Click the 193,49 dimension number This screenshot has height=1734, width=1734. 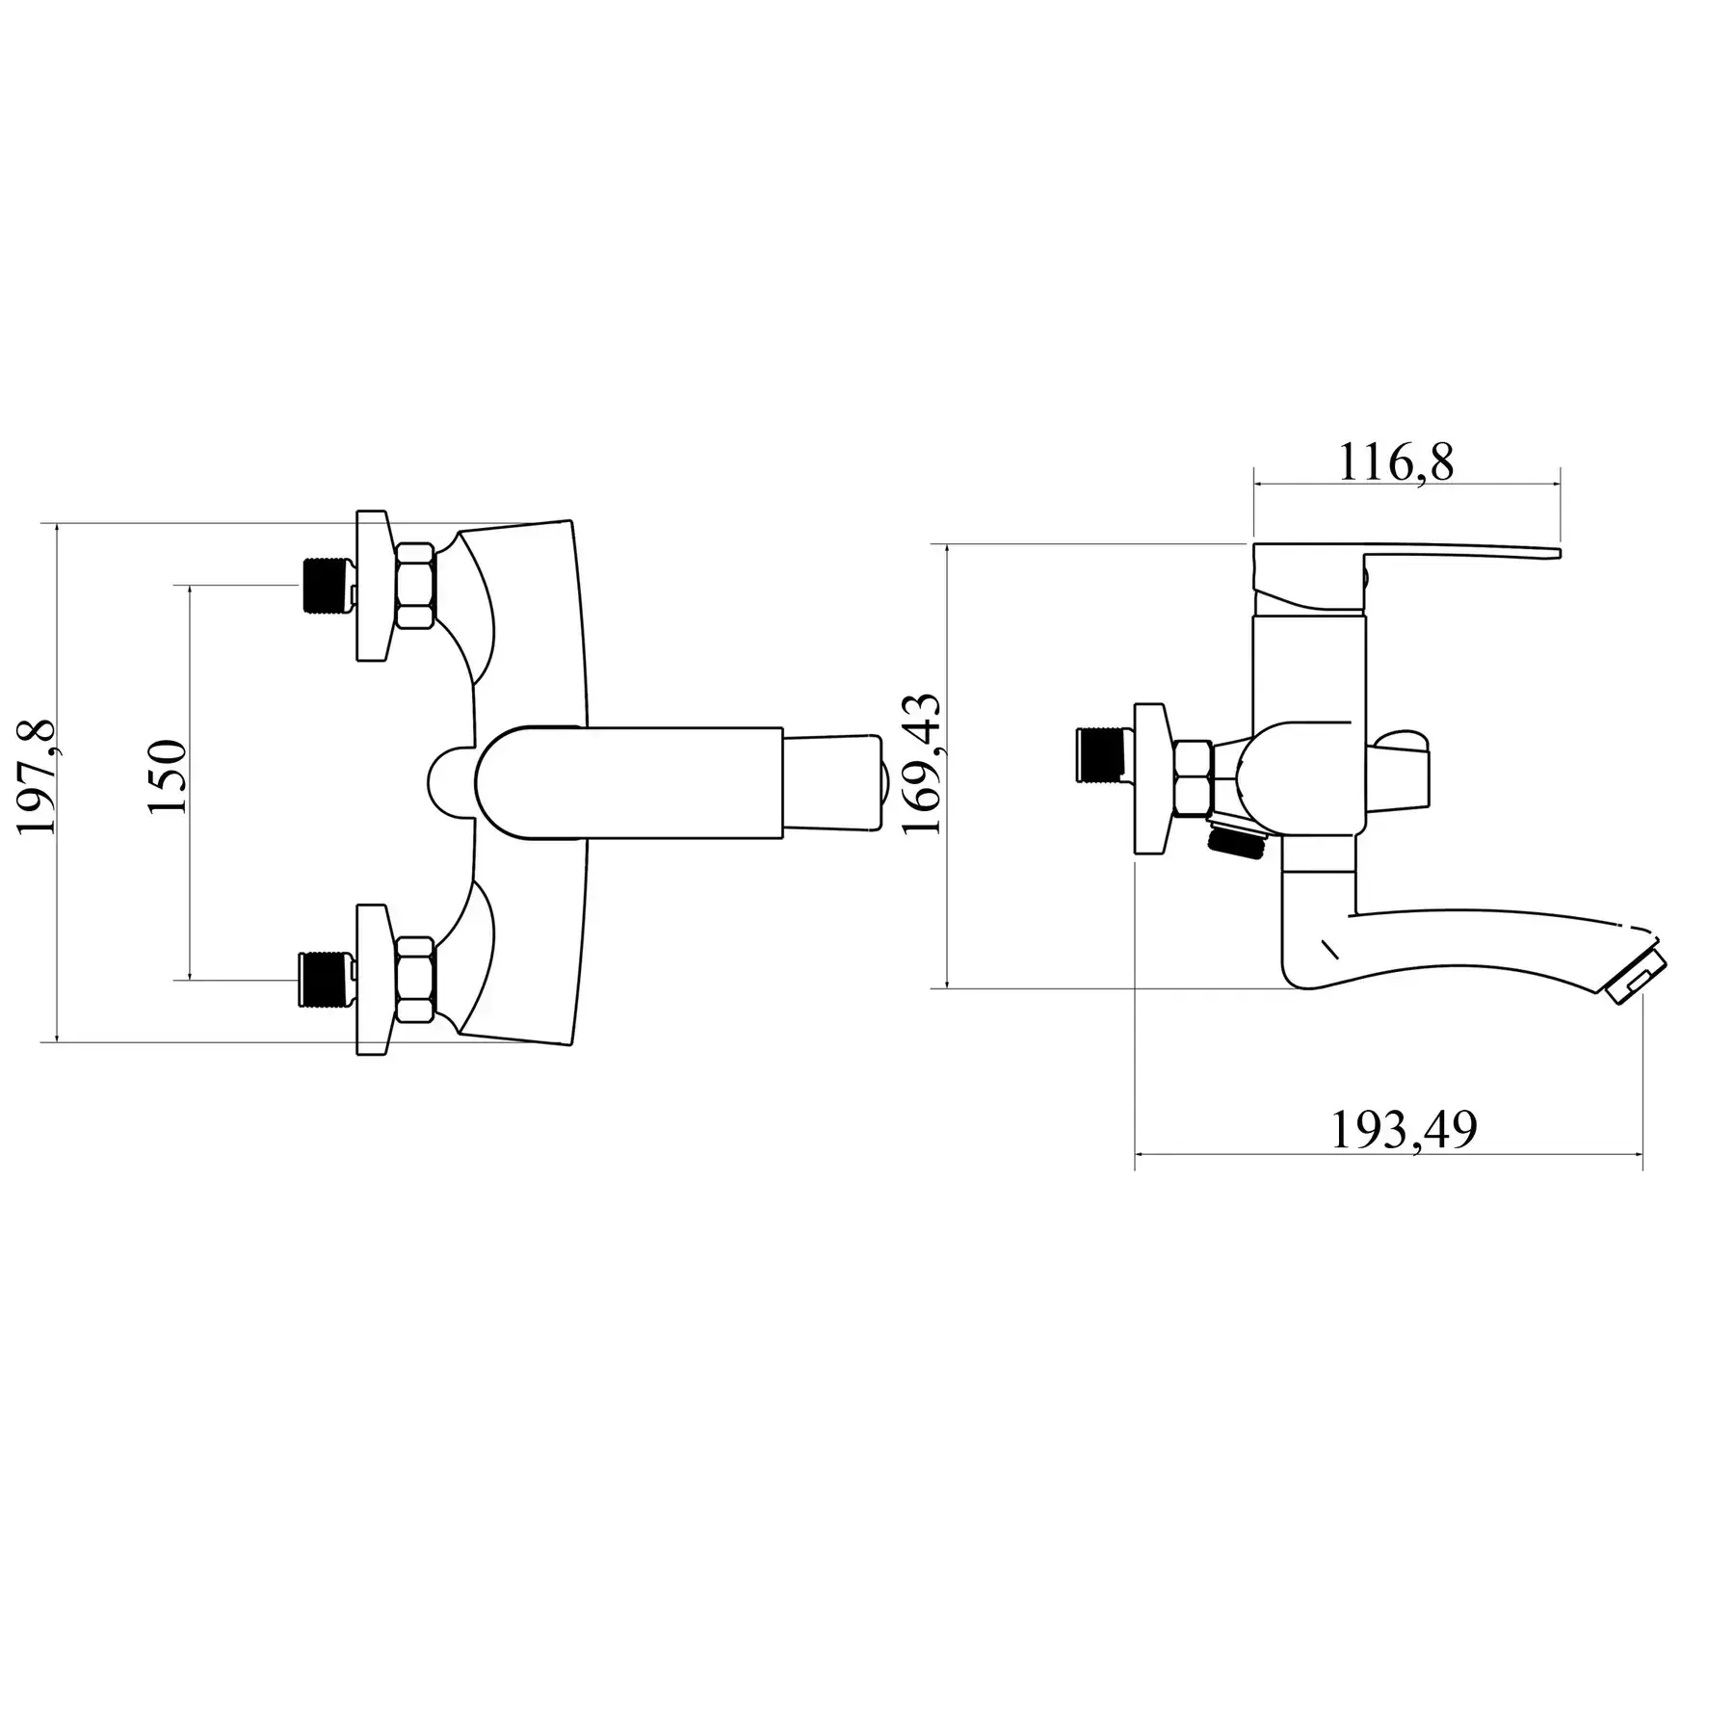[x=1404, y=1130]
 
